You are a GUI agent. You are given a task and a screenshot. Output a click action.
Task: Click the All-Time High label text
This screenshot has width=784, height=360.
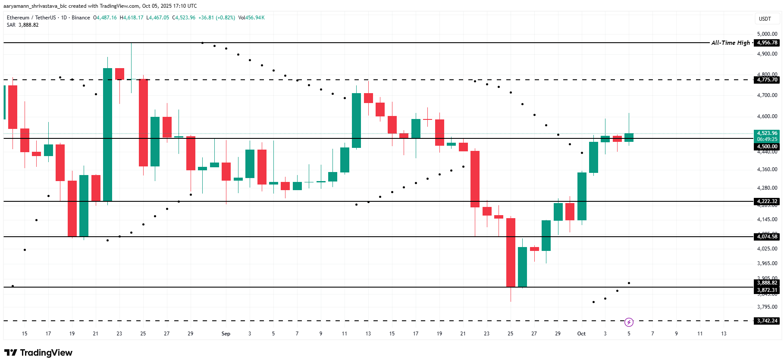point(731,43)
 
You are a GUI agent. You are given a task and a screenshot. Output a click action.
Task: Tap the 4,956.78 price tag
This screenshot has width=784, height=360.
point(767,43)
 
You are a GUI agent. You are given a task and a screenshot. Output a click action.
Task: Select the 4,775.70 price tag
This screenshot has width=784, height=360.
point(767,80)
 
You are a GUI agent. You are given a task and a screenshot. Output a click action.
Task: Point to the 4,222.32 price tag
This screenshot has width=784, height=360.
point(767,201)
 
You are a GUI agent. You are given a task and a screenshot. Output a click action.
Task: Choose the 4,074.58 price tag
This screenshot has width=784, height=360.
point(767,237)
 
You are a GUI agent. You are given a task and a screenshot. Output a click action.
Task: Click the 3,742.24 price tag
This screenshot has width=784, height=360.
point(767,321)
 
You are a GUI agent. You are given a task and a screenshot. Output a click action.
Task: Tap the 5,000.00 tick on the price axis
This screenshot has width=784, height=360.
point(767,34)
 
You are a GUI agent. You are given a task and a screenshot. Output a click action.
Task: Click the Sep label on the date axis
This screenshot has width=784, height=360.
point(226,334)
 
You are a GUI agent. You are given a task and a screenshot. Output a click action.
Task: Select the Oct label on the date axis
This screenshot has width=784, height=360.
point(581,334)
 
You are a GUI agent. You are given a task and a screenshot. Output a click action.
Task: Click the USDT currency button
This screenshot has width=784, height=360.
point(765,19)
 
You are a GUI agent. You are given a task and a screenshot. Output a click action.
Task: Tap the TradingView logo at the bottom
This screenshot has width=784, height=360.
point(38,353)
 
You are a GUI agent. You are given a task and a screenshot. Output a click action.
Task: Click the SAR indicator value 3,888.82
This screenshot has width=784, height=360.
point(28,25)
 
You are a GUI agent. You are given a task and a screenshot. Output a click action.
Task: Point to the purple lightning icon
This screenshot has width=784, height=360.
point(629,322)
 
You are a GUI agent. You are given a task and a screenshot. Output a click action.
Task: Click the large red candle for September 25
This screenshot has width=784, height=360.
point(511,252)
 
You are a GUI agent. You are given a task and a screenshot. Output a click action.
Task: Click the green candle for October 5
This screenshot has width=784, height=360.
point(629,137)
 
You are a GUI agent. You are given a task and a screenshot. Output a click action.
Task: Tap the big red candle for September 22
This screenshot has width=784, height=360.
point(475,179)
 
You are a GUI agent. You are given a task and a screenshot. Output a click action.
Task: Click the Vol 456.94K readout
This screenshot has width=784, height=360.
point(251,18)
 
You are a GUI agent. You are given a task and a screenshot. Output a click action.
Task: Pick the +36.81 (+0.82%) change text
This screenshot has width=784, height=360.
point(216,18)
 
